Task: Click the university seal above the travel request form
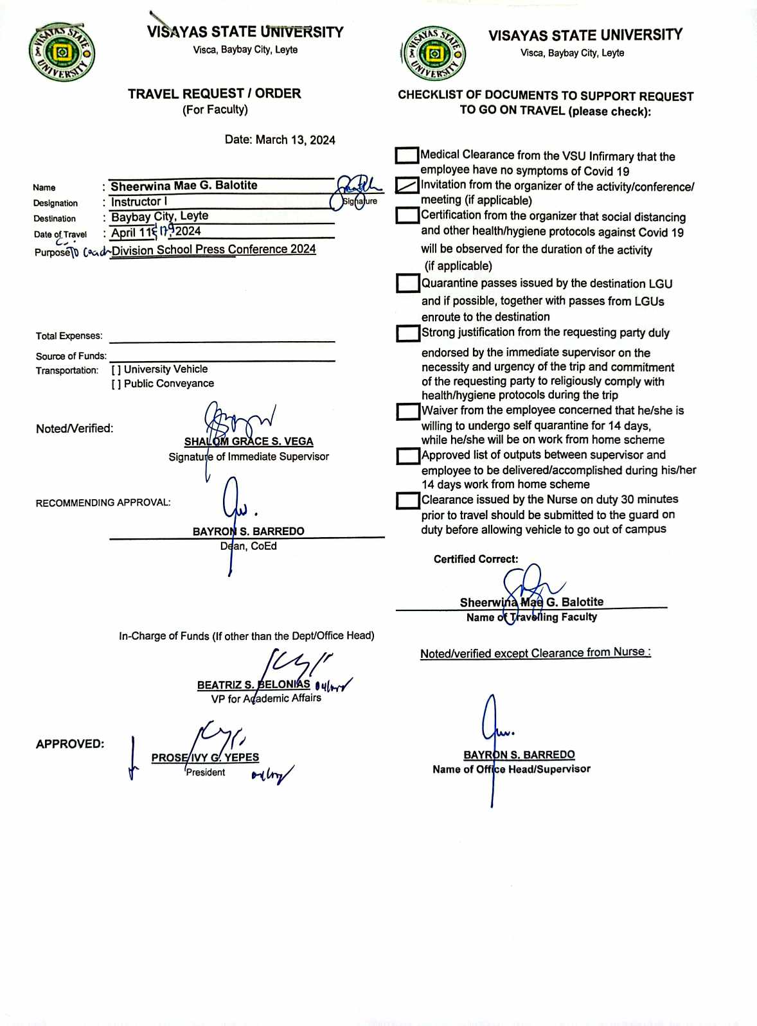click(x=62, y=52)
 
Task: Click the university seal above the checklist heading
click(x=434, y=54)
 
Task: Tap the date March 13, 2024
click(x=280, y=140)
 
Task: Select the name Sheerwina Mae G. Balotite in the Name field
click(x=184, y=186)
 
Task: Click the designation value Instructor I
click(x=139, y=202)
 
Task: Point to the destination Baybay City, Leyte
click(x=159, y=217)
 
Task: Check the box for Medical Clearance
click(x=407, y=155)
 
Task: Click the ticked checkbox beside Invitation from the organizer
click(x=407, y=186)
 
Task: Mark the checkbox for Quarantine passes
click(x=407, y=283)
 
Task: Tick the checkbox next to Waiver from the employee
click(x=407, y=411)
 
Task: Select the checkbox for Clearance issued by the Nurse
click(x=407, y=500)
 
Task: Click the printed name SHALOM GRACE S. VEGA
click(x=249, y=441)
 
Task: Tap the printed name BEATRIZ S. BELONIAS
click(x=253, y=685)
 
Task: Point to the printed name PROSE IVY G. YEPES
click(x=205, y=758)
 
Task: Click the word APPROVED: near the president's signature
click(x=70, y=744)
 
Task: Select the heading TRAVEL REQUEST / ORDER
click(x=214, y=94)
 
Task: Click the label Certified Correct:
click(x=476, y=560)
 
